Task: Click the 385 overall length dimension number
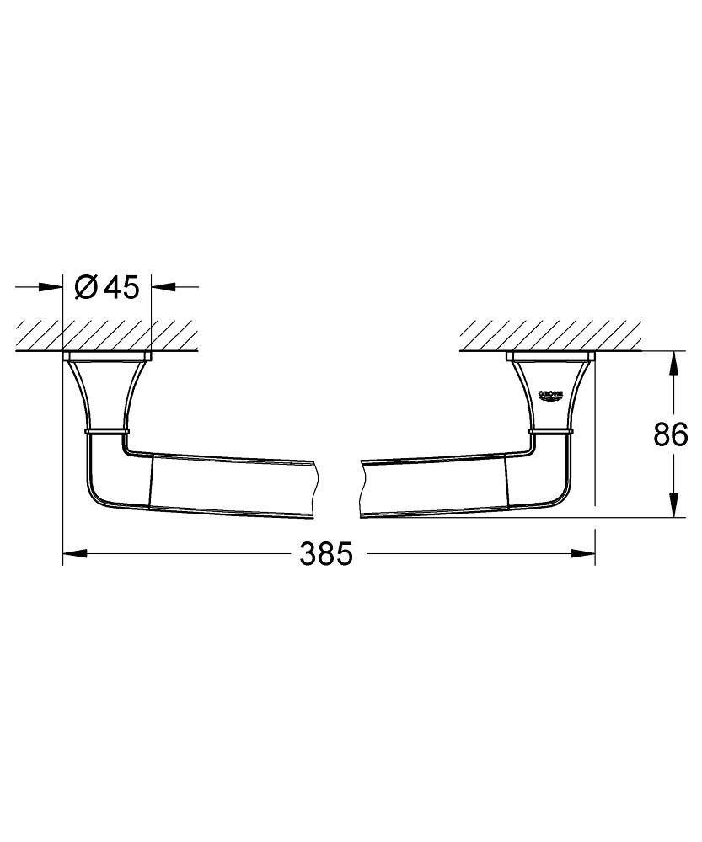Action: (x=326, y=554)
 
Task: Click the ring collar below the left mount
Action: (x=107, y=431)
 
